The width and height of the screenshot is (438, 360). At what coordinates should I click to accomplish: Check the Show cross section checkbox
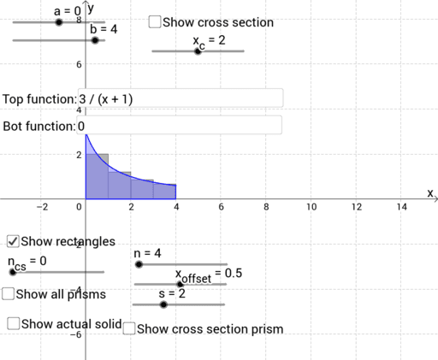(154, 22)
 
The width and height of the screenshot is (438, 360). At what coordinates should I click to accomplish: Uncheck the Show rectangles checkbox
(13, 242)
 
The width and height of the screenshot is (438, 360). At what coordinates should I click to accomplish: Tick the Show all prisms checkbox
(8, 294)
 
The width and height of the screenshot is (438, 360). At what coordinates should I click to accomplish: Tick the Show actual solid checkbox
(14, 323)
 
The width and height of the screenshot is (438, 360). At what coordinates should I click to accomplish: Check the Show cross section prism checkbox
(129, 328)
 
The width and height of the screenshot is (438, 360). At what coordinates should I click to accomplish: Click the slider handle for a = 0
(58, 22)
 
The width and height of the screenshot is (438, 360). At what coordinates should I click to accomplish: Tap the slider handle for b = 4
(95, 39)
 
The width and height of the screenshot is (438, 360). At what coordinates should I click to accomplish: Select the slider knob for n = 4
(139, 265)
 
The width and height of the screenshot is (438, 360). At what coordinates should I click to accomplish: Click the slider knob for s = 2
(163, 304)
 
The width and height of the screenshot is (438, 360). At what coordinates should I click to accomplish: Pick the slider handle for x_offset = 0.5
(180, 284)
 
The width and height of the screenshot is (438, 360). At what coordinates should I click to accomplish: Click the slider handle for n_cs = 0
(13, 272)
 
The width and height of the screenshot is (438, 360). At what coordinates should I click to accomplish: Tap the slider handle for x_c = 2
(198, 51)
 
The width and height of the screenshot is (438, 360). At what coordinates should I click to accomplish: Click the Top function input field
(180, 98)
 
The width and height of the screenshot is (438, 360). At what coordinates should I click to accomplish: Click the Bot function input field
(180, 126)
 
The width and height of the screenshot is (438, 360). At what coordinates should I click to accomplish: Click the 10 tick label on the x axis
(311, 206)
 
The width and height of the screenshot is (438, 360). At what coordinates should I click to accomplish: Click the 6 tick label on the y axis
(79, 64)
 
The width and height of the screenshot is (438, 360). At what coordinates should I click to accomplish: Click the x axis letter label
(430, 192)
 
